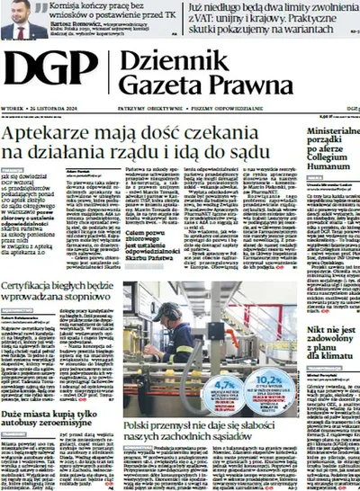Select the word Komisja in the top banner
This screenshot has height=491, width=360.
72,5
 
